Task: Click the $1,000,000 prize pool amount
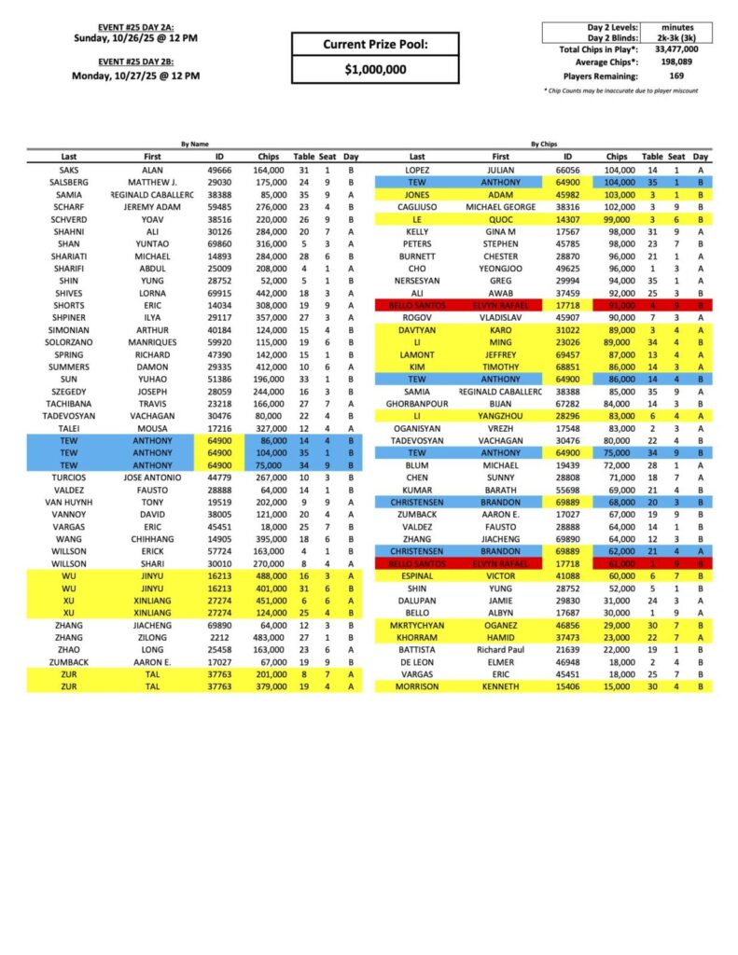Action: (x=375, y=69)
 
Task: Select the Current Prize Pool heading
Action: (x=375, y=44)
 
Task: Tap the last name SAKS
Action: (x=68, y=172)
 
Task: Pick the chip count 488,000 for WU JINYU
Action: (x=273, y=577)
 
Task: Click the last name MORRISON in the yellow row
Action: (x=417, y=686)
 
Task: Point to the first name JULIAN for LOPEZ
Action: (x=501, y=172)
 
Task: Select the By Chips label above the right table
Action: (x=543, y=145)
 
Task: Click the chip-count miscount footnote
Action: (x=620, y=90)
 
